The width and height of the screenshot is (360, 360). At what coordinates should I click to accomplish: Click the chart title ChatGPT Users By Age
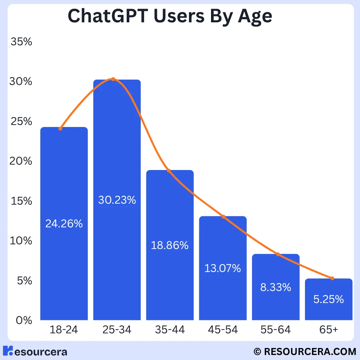coord(170,16)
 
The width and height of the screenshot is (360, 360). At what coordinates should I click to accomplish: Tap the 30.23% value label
coord(117,200)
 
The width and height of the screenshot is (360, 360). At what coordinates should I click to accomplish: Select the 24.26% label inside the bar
coord(64,224)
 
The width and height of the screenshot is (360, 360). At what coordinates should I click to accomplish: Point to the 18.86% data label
coord(170,246)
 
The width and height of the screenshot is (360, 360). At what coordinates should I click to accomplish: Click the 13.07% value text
coord(223,268)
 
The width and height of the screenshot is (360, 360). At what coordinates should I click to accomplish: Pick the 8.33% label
coord(276,287)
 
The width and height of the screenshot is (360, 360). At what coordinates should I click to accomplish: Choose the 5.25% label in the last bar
coord(328,299)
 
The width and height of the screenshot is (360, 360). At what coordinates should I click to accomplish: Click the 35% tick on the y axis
coord(21,42)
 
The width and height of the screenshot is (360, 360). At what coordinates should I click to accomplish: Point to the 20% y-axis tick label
coord(21,161)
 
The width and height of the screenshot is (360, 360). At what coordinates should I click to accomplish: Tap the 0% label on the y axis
coord(24,320)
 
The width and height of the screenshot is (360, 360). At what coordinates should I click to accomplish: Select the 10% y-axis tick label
coord(21,241)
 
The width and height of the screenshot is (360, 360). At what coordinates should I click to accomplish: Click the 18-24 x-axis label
coord(64,330)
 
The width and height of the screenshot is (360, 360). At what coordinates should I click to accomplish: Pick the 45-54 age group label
coord(223,330)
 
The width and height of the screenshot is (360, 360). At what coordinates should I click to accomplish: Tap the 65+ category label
coord(328,330)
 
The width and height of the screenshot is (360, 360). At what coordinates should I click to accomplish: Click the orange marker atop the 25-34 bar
coord(113,79)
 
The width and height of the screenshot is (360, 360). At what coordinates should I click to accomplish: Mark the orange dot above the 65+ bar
coord(332,278)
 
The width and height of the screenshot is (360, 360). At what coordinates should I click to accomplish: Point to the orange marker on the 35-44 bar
coord(169,171)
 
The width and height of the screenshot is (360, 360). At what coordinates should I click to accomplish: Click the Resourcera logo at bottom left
coord(35,351)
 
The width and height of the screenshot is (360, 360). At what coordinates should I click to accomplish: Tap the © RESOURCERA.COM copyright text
coord(305,351)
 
